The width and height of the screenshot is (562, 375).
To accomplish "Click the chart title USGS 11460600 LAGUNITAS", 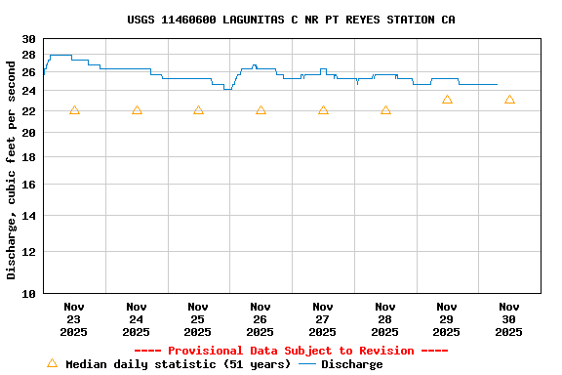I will click(291, 20).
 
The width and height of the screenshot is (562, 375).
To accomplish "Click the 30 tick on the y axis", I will click(28, 39).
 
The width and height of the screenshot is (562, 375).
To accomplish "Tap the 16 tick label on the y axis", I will click(28, 185).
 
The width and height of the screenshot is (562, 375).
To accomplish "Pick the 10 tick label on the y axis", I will click(28, 293).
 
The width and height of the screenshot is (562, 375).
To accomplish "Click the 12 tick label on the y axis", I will click(28, 251).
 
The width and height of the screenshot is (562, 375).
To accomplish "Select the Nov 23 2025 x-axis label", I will click(74, 319).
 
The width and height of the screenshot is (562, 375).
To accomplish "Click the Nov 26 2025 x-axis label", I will click(261, 319).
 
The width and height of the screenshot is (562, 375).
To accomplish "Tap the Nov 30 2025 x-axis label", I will click(508, 319).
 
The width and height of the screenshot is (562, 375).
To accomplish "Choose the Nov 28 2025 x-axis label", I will click(384, 319).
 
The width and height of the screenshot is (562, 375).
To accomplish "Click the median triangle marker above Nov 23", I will click(74, 110).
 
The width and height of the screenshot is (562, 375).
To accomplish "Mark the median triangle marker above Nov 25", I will click(198, 110).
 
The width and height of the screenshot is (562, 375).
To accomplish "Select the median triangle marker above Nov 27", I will click(323, 110).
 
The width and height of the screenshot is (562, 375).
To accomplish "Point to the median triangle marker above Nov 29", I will click(447, 100).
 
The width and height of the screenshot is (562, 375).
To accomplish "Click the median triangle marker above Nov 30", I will click(509, 100).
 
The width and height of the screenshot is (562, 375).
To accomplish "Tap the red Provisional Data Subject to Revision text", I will click(291, 351).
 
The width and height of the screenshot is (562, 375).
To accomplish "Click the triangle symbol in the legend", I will click(52, 363).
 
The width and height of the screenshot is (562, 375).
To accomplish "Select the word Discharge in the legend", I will click(352, 364).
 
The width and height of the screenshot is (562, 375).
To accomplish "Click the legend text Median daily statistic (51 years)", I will click(178, 364).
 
